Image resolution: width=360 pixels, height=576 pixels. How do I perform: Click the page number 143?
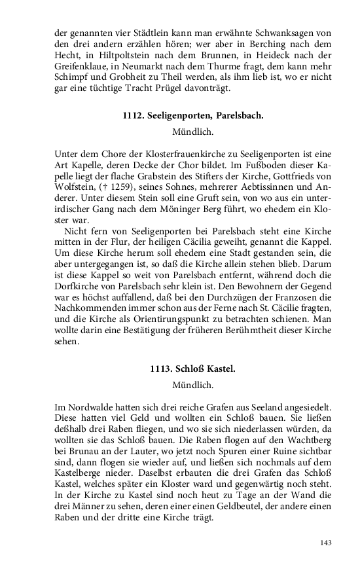[325, 543]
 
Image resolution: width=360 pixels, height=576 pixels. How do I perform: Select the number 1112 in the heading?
[134, 116]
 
